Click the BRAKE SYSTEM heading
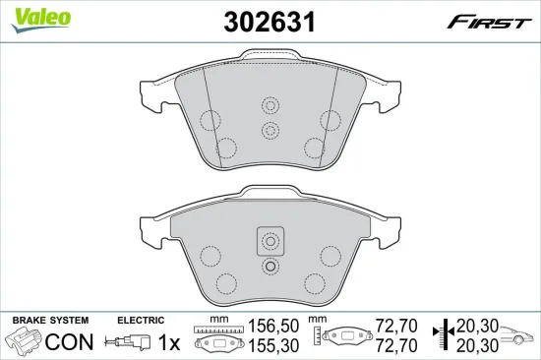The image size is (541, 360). click(49, 321)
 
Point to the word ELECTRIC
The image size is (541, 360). click(141, 321)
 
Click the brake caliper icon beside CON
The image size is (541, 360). click(26, 342)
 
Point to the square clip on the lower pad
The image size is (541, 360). click(270, 241)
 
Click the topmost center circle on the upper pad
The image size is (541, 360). click(270, 105)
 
